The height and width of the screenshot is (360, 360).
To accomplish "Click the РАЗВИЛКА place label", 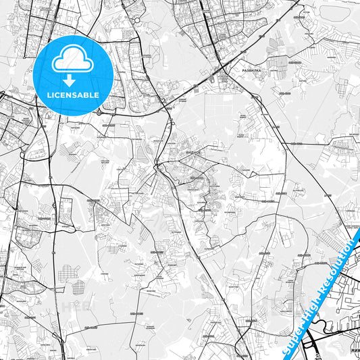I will tap(251, 69).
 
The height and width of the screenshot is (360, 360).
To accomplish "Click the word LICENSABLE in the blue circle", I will tap(73, 95).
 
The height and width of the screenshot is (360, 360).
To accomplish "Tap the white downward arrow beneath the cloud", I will tap(69, 80).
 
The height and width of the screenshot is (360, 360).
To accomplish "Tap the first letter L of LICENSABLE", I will tap(49, 95).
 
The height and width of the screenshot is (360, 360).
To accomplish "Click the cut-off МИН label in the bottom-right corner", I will tap(352, 350).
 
